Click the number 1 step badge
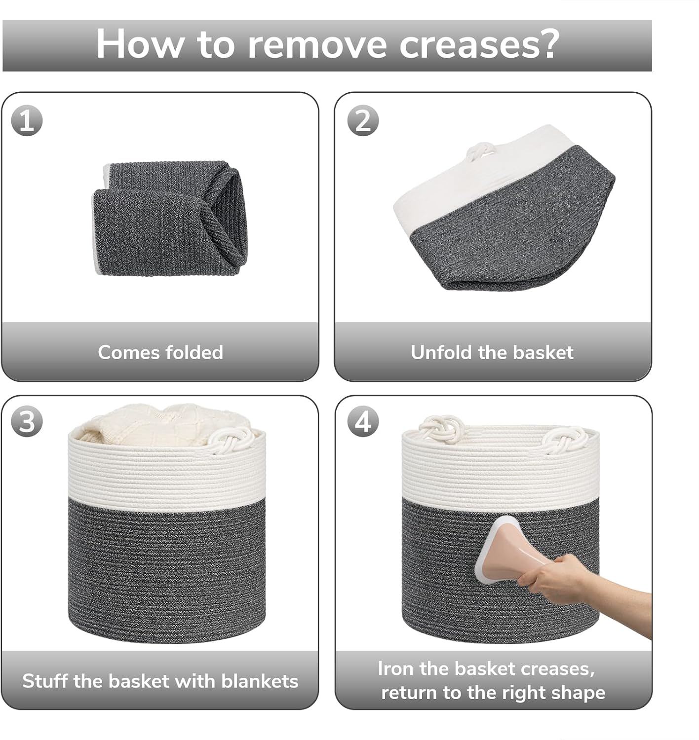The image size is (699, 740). click(27, 121)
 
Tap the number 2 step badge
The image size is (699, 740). click(363, 121)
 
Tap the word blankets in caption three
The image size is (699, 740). click(260, 681)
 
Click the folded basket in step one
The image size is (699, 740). click(170, 218)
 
